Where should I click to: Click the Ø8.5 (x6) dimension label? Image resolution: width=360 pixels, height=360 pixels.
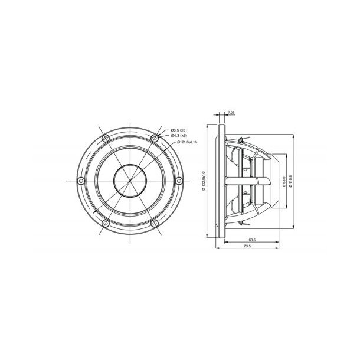(x=179, y=129)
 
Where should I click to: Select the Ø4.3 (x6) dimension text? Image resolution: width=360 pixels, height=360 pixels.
(x=179, y=135)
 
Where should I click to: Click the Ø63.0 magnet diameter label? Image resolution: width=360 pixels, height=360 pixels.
(x=284, y=181)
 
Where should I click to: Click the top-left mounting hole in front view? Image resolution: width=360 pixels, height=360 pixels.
(x=105, y=138)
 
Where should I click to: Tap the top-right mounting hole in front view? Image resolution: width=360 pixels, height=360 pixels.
(x=154, y=138)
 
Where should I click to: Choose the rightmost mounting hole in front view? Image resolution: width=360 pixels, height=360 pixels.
(x=179, y=180)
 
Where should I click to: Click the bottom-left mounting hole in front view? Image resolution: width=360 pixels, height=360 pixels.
(x=105, y=222)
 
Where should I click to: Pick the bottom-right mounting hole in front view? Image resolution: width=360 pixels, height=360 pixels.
(x=154, y=222)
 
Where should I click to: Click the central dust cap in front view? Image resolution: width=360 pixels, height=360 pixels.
(x=130, y=180)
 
